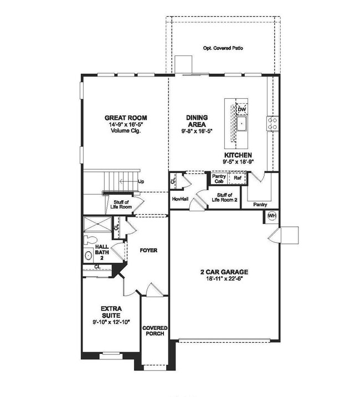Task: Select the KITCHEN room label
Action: pyautogui.click(x=238, y=155)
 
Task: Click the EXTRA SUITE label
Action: pyautogui.click(x=111, y=311)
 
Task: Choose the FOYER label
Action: pyautogui.click(x=148, y=251)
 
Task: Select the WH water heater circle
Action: pyautogui.click(x=272, y=215)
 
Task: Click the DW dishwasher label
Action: pyautogui.click(x=241, y=110)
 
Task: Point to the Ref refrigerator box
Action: pyautogui.click(x=237, y=179)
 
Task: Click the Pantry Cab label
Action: pyautogui.click(x=219, y=179)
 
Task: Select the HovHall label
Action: pyautogui.click(x=178, y=198)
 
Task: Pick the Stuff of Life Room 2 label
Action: pyautogui.click(x=224, y=198)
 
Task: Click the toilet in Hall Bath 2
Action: pyautogui.click(x=90, y=240)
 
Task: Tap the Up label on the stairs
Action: pyautogui.click(x=141, y=181)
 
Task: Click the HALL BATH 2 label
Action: pyautogui.click(x=102, y=252)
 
